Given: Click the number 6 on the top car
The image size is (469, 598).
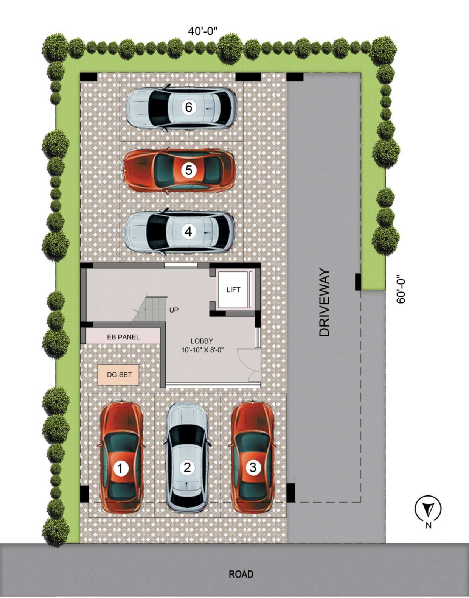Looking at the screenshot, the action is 189,107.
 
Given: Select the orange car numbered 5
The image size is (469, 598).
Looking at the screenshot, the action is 179,170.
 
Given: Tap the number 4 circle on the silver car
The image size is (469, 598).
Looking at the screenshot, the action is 189,232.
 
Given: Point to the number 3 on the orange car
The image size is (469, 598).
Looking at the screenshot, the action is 253,467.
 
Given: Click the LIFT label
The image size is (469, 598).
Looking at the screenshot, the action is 233,290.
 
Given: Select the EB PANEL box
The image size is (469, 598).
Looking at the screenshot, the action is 123,336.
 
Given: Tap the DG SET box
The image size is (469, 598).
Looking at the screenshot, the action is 118,375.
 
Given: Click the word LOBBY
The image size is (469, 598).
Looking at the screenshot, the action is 202,341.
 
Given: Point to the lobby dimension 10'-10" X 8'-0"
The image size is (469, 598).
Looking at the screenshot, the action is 203,350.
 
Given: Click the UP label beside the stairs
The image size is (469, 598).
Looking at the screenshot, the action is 174,310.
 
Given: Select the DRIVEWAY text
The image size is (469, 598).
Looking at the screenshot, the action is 325,303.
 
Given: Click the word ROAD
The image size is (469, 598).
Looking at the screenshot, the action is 241,574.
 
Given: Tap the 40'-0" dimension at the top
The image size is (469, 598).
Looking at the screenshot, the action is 203,31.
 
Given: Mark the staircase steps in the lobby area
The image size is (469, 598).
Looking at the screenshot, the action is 150,308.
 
